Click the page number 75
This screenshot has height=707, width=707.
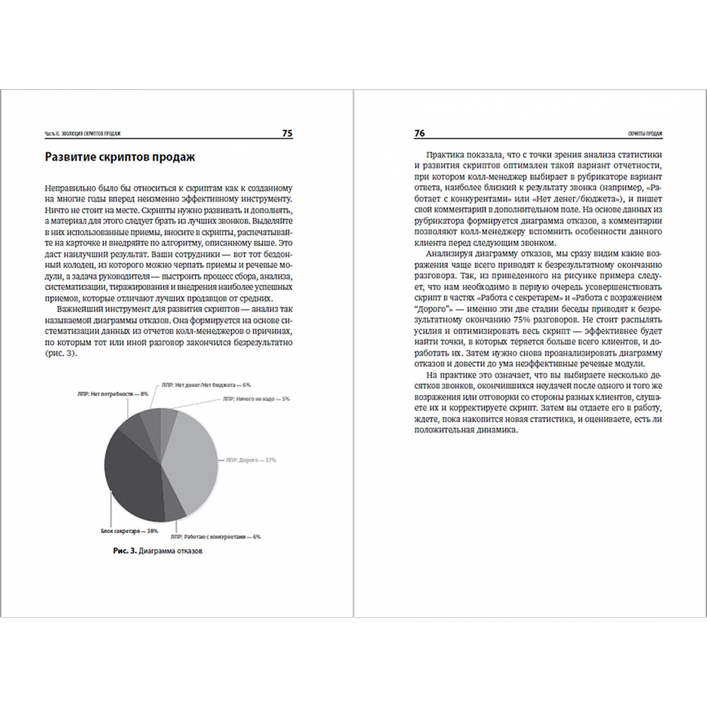click(287, 133)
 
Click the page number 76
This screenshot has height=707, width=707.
click(419, 133)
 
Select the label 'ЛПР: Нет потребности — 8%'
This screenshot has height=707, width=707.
click(110, 393)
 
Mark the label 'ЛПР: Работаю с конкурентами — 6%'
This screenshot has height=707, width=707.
click(216, 537)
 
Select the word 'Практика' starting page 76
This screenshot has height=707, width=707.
click(447, 154)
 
